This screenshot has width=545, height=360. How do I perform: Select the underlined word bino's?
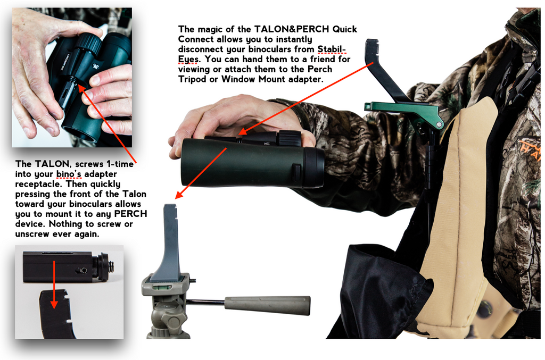(x=69, y=174)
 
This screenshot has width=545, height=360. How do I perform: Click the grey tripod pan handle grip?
(x=267, y=305)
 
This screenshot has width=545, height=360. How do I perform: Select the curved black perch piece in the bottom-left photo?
(x=59, y=314)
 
